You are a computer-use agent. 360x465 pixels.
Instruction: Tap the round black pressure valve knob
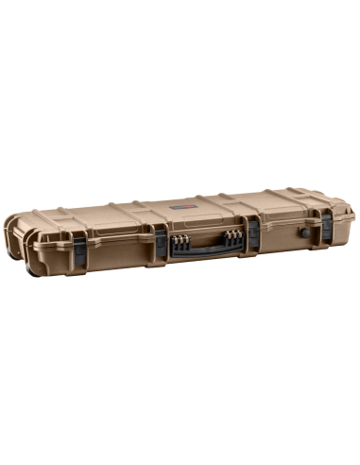click(303, 230)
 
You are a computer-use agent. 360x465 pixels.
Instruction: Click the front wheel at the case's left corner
click(36, 270)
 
